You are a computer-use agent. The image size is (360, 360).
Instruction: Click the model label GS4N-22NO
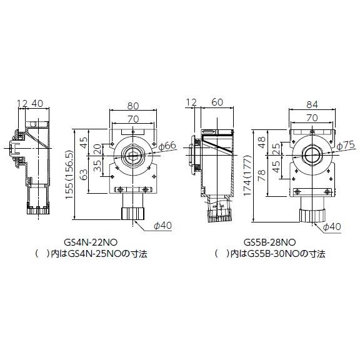91,241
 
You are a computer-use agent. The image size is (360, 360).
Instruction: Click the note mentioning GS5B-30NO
270,254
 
